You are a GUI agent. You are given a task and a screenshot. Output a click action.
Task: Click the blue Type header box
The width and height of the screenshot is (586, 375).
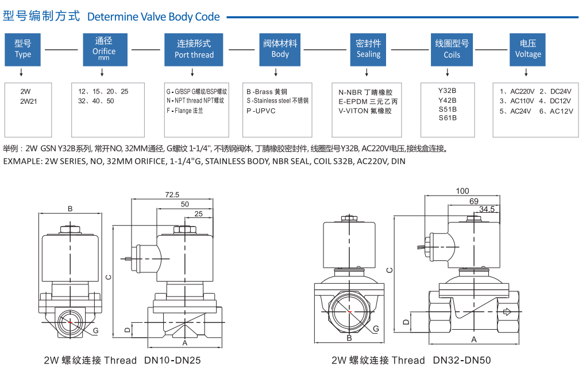tap(23, 49)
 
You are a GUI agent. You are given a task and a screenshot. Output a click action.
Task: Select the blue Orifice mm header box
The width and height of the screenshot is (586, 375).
tap(103, 49)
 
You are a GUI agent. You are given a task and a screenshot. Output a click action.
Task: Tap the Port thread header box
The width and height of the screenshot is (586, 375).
tap(194, 49)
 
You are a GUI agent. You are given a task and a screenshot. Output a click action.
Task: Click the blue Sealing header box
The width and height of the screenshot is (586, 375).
tap(368, 49)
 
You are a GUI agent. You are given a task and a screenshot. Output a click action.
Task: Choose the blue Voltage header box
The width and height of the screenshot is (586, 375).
tap(527, 49)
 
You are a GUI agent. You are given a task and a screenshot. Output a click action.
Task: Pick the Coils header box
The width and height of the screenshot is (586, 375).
tap(452, 49)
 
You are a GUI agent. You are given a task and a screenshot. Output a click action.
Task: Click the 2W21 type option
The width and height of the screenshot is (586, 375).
tap(29, 101)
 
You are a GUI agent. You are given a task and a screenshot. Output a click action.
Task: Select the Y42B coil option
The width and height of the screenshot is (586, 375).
tap(447, 100)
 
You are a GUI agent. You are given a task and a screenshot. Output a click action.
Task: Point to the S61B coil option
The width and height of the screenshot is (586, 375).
tap(447, 118)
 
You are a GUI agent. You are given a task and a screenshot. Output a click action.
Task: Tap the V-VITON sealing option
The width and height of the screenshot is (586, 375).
tap(365, 111)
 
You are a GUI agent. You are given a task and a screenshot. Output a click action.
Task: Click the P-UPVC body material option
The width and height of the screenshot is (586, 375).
tap(261, 111)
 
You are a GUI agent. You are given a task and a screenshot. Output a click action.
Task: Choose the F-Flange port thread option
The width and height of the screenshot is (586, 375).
tap(185, 111)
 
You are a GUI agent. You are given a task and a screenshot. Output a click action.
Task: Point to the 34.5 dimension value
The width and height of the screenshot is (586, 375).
tap(486, 210)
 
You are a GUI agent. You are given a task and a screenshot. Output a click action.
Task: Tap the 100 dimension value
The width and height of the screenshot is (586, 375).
tap(462, 191)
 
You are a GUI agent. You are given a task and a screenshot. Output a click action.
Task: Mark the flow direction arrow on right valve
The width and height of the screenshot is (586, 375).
tap(507, 312)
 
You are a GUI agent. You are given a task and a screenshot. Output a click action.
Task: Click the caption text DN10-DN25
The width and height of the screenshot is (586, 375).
tap(172, 361)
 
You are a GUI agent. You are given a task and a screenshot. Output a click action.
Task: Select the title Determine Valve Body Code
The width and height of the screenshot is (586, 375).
tap(153, 17)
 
